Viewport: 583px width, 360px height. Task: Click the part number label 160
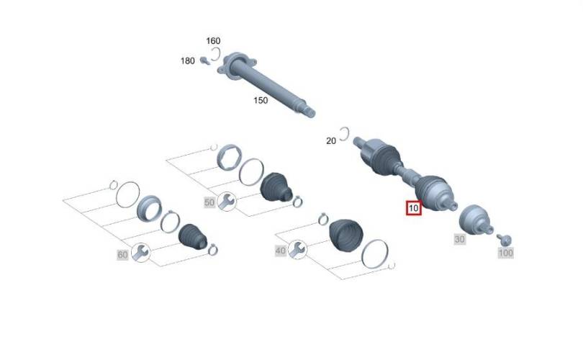[213, 40]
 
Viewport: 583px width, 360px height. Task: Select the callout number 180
[187, 60]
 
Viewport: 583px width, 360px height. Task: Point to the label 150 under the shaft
[261, 100]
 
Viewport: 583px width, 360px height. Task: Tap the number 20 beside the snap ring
[331, 141]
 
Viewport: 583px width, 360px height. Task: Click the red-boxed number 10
[413, 208]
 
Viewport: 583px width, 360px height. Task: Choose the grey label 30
[459, 239]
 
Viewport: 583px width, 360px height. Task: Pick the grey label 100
[506, 253]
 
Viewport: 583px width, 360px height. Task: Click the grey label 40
[281, 251]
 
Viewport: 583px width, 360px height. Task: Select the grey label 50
[209, 202]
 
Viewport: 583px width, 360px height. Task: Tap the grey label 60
[122, 255]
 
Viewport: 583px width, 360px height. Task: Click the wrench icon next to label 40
[297, 250]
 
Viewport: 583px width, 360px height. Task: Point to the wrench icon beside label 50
[226, 202]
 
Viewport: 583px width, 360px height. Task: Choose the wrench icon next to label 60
[140, 253]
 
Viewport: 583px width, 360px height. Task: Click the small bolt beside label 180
[204, 60]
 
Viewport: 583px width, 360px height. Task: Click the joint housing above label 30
[476, 220]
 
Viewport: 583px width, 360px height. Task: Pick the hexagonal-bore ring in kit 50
[229, 157]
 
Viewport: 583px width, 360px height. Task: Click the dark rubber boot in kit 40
[346, 235]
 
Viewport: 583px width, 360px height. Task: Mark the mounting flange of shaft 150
[236, 66]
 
